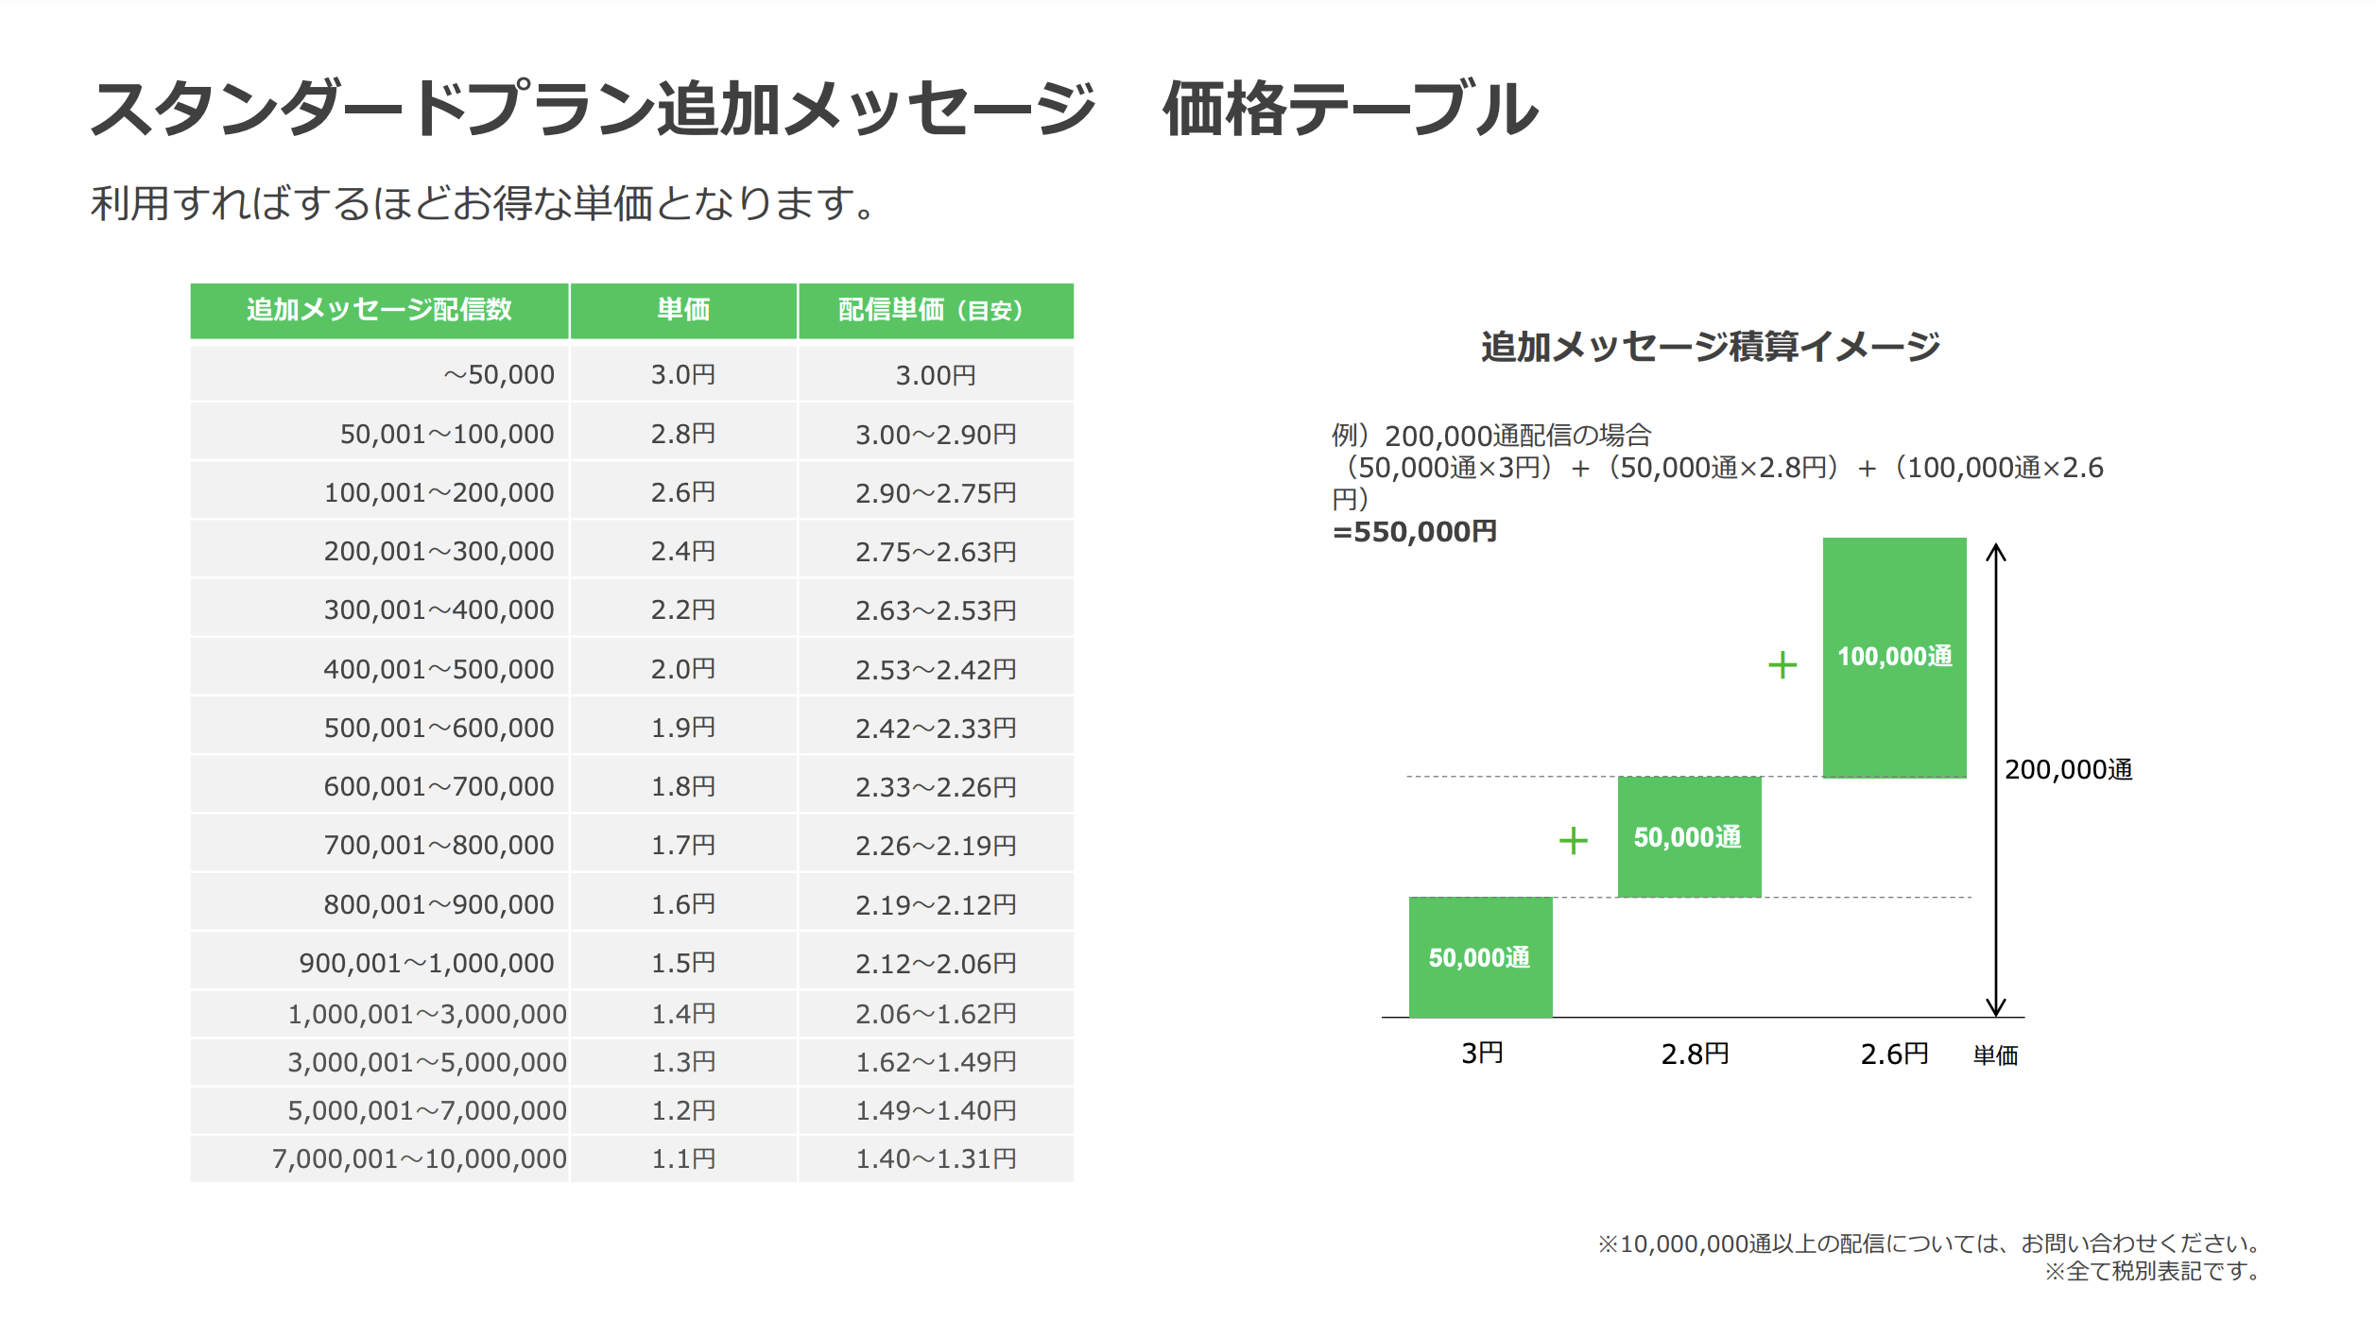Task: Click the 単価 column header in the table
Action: pos(682,310)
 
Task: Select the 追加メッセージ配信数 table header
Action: pos(379,310)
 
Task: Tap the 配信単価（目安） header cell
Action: pos(934,310)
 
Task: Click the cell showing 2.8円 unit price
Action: pos(682,434)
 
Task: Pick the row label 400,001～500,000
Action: pos(439,669)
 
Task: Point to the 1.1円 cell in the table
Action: pos(682,1158)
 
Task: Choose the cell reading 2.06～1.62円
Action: pos(936,1014)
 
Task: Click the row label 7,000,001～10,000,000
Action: pos(419,1158)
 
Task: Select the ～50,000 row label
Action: pos(498,375)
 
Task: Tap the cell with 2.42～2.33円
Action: pos(936,729)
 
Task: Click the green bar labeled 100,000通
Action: pos(1894,658)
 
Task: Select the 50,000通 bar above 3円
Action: pos(1480,957)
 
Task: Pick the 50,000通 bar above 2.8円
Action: pos(1689,837)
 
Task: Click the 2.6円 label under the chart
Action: pos(1894,1054)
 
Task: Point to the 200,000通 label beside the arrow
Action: pos(2068,770)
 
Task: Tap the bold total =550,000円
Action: pos(1414,532)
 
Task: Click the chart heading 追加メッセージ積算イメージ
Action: pos(1710,347)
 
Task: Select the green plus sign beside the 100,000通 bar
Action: pos(1782,665)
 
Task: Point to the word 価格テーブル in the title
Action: pos(1351,109)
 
